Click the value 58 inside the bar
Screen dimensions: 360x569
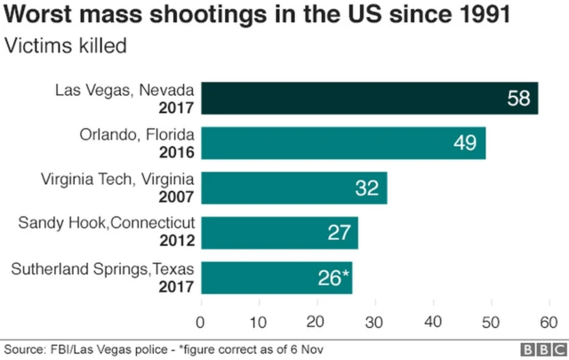click(518, 98)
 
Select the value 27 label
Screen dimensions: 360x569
click(339, 233)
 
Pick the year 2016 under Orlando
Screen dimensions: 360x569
click(177, 152)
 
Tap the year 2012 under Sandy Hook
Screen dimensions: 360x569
click(177, 242)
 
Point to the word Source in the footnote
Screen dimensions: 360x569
click(24, 349)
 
